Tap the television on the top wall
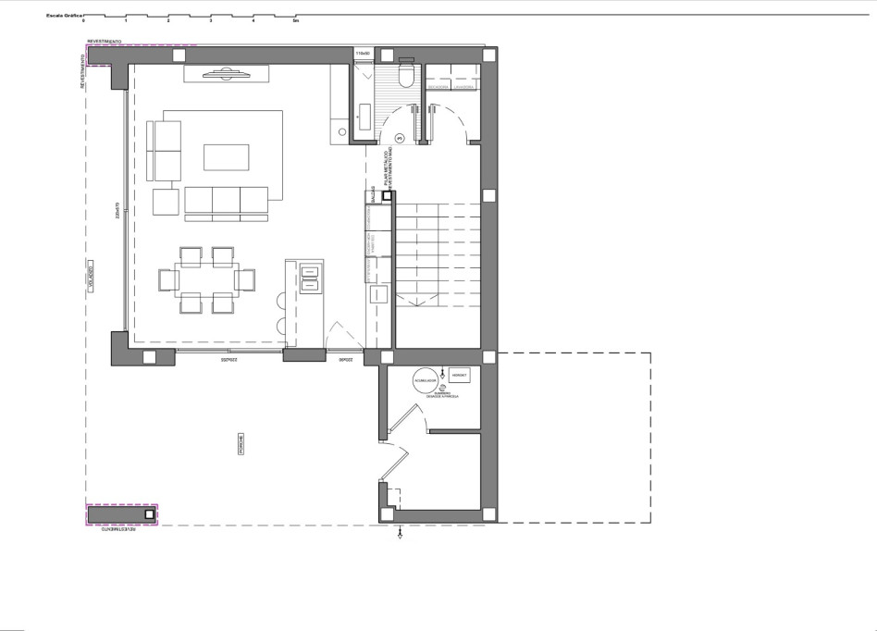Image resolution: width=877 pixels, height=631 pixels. pyautogui.click(x=224, y=74)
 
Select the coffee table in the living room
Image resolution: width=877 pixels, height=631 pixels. pyautogui.click(x=227, y=157)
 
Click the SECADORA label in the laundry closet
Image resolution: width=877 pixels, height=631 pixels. pyautogui.click(x=438, y=87)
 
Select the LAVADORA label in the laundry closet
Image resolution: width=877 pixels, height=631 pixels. pyautogui.click(x=463, y=87)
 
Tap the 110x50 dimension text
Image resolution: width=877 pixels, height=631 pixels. pyautogui.click(x=364, y=54)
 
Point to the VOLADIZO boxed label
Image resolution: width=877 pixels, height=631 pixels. pyautogui.click(x=92, y=278)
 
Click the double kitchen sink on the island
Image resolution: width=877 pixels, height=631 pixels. pyautogui.click(x=309, y=276)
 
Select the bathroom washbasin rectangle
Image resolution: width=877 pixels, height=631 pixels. pyautogui.click(x=364, y=118)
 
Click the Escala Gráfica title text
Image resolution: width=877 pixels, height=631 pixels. pyautogui.click(x=63, y=16)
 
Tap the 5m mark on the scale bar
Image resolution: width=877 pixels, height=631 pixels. pyautogui.click(x=296, y=20)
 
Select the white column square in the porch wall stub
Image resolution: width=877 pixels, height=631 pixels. pyautogui.click(x=148, y=513)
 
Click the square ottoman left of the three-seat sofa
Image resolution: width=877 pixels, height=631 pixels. pyautogui.click(x=166, y=202)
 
